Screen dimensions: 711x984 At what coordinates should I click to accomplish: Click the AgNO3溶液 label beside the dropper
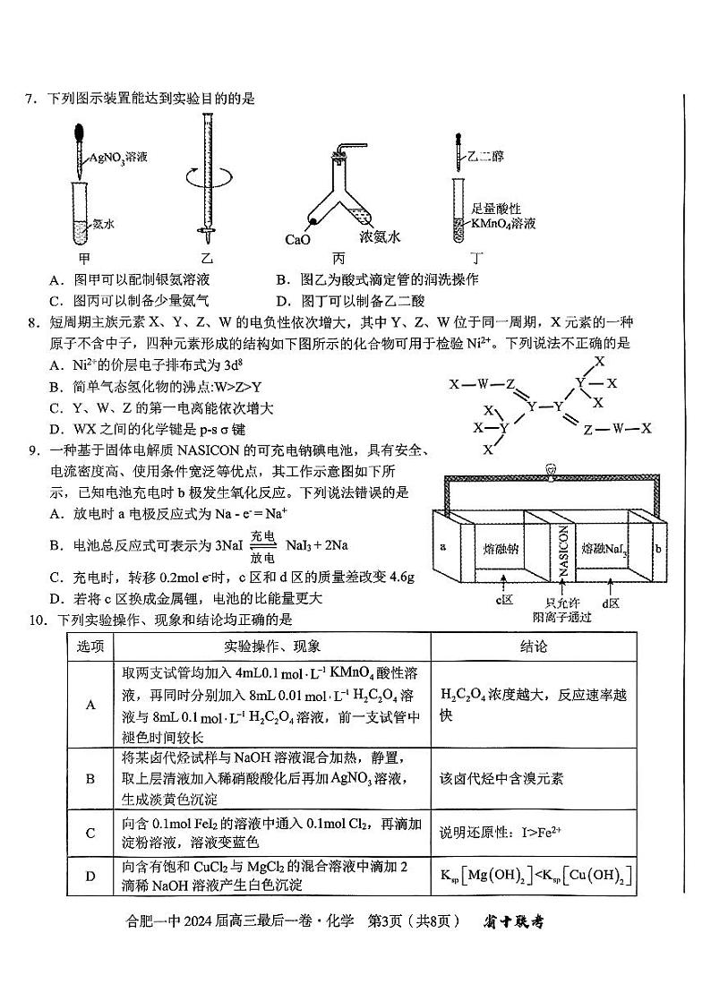pos(117,157)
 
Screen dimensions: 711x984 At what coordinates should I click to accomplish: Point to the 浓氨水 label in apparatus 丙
pos(379,237)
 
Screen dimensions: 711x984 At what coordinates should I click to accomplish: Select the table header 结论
pos(533,646)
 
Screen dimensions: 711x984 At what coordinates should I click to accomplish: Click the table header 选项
pos(90,646)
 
